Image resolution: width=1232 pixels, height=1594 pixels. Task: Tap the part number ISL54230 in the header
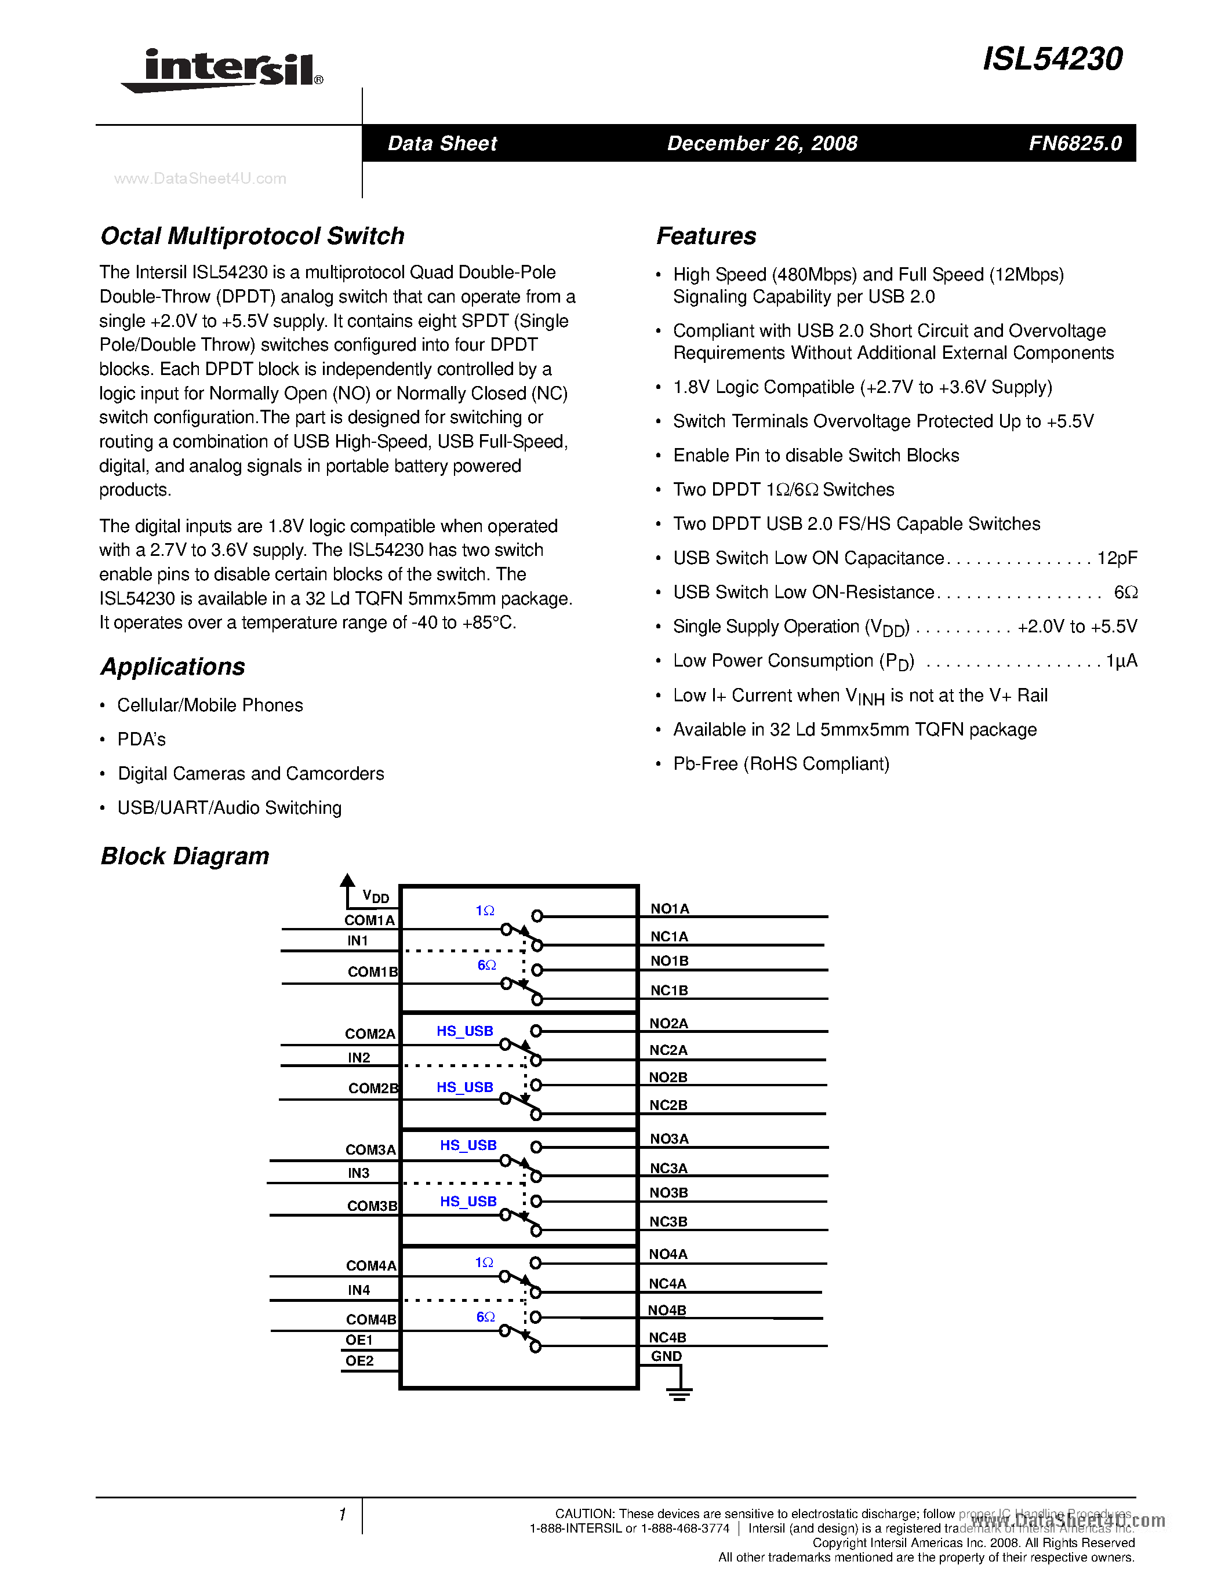pos(1052,59)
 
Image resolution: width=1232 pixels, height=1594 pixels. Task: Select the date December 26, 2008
pos(762,143)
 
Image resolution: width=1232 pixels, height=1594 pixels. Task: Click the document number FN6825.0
pos(1074,143)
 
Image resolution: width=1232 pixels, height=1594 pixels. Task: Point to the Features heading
pos(706,236)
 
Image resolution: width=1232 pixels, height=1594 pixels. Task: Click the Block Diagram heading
pos(184,856)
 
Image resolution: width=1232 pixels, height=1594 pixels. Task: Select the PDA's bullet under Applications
pos(141,740)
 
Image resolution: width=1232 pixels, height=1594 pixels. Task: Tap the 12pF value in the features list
pos(1117,558)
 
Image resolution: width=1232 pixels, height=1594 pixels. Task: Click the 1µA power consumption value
pos(1121,661)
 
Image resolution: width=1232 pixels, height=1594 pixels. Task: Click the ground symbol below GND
pos(679,1392)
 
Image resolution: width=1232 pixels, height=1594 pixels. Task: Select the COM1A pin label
pos(369,920)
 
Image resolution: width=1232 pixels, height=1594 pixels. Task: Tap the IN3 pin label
pos(358,1173)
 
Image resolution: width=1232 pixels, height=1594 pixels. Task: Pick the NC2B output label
pos(668,1105)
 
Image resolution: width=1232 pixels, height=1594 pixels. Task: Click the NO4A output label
pos(668,1254)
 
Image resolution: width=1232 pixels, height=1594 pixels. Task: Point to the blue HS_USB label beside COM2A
pos(465,1031)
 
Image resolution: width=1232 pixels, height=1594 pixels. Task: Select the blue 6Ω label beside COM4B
pos(485,1317)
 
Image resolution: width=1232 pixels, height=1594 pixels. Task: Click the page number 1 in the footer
pos(342,1515)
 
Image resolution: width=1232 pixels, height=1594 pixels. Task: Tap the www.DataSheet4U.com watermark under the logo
pos(200,179)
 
